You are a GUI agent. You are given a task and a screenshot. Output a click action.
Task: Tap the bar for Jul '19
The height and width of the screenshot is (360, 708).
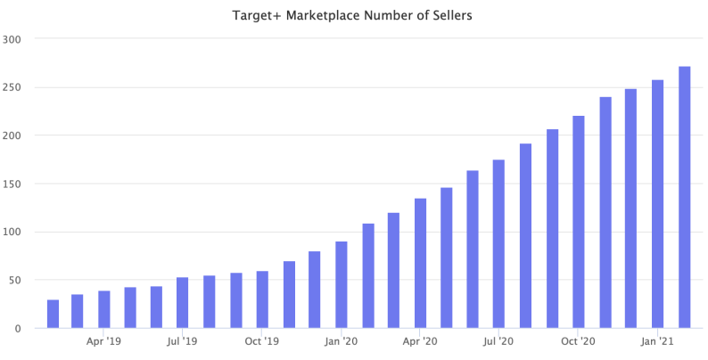click(183, 303)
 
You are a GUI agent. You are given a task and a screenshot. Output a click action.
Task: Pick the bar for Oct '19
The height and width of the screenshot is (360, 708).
click(262, 299)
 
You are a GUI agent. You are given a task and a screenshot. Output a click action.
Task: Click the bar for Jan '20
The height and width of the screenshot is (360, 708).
click(342, 285)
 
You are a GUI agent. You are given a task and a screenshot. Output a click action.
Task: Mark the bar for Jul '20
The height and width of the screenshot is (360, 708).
click(498, 244)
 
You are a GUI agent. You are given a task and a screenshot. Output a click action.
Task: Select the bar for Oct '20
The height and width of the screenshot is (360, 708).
click(578, 222)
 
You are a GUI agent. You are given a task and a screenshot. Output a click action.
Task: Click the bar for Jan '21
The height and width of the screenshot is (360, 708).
click(657, 204)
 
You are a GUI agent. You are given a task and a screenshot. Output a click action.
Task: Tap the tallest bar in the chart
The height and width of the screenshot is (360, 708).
click(684, 197)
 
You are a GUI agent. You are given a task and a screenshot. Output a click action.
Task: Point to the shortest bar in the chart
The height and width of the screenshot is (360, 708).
click(53, 314)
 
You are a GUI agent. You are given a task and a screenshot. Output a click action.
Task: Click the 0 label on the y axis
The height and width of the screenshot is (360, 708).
click(18, 328)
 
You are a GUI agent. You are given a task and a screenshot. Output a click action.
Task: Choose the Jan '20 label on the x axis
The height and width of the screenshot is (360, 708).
click(342, 341)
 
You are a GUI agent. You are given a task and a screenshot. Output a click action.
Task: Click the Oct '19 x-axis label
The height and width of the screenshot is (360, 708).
click(262, 341)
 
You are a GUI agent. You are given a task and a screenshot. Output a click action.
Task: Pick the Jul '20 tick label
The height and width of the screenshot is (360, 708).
click(498, 341)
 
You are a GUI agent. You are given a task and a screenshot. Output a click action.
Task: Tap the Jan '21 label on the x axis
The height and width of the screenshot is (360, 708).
click(657, 341)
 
